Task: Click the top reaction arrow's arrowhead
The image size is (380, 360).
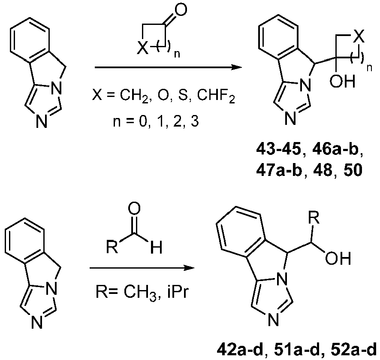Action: click(x=236, y=67)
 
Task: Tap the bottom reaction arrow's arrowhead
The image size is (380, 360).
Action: click(x=189, y=268)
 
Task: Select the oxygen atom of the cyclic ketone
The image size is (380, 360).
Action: click(x=181, y=10)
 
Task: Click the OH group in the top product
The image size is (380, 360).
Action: click(x=342, y=81)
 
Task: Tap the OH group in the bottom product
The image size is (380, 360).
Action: click(x=338, y=258)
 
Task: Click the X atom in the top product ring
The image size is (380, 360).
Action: click(x=359, y=37)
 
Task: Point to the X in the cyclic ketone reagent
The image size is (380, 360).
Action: click(x=142, y=48)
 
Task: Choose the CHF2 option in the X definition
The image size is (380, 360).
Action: click(x=216, y=96)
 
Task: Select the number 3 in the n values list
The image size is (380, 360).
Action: click(x=195, y=121)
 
